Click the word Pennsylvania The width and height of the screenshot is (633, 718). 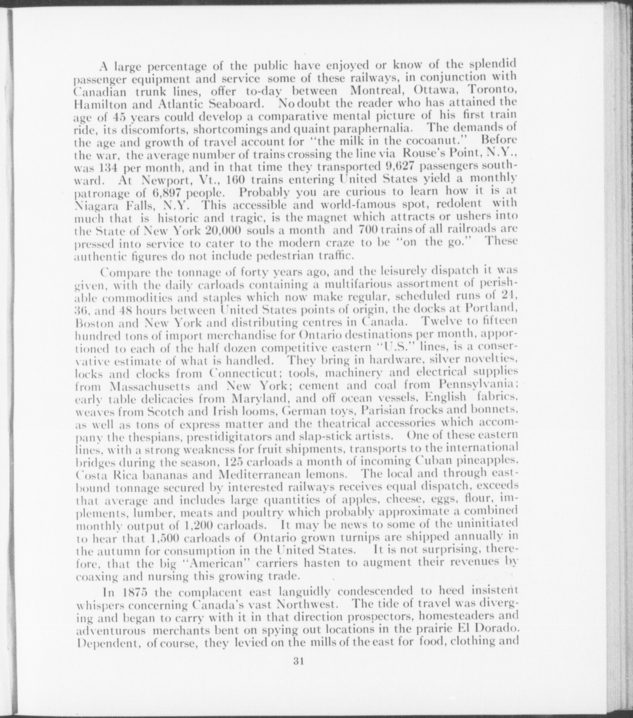(x=477, y=385)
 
